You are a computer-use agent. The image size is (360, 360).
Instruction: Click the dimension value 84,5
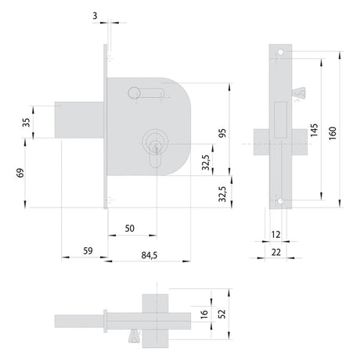149,255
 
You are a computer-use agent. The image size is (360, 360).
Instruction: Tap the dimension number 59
88,250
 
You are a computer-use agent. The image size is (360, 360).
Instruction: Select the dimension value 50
130,229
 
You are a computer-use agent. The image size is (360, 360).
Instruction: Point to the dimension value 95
222,133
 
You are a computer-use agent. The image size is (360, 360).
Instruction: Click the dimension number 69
20,173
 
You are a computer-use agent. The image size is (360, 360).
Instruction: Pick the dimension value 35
26,122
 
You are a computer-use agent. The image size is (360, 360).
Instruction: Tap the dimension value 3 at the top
95,16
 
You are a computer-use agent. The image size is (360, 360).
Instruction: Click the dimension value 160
333,133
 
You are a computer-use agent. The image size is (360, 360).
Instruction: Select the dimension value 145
314,130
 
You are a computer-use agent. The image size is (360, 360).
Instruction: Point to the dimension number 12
276,235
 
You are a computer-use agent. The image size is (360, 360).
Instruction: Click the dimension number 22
276,252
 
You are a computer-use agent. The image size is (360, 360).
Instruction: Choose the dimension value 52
222,314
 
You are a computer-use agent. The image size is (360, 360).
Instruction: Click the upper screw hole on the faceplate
280,52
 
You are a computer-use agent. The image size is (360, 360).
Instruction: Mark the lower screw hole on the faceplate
280,201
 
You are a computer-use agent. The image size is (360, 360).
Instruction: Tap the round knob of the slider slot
134,92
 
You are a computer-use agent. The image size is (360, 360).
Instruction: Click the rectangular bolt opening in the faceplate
281,120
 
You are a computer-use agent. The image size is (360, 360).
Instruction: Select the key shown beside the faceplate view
298,93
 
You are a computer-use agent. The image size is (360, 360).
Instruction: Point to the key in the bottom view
135,336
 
